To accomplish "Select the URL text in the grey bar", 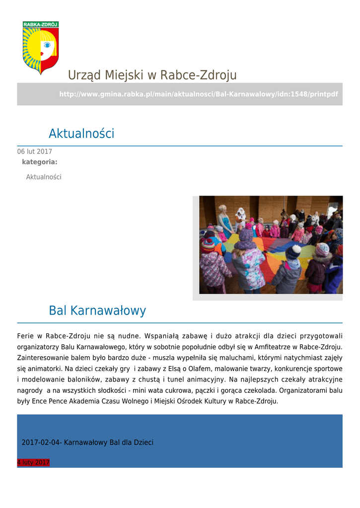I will [x=199, y=94].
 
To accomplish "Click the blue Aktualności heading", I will [x=81, y=133].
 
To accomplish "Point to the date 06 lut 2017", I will [x=35, y=152].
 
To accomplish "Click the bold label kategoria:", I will [x=40, y=162].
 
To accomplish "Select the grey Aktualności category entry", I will [x=44, y=177].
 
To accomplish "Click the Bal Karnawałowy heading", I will [x=97, y=311].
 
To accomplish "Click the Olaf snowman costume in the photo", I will [x=241, y=218].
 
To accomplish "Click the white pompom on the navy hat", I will [x=296, y=248].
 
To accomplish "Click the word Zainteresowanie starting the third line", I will [x=42, y=357].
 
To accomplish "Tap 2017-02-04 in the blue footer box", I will [x=40, y=442].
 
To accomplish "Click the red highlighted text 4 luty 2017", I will [x=33, y=463].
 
